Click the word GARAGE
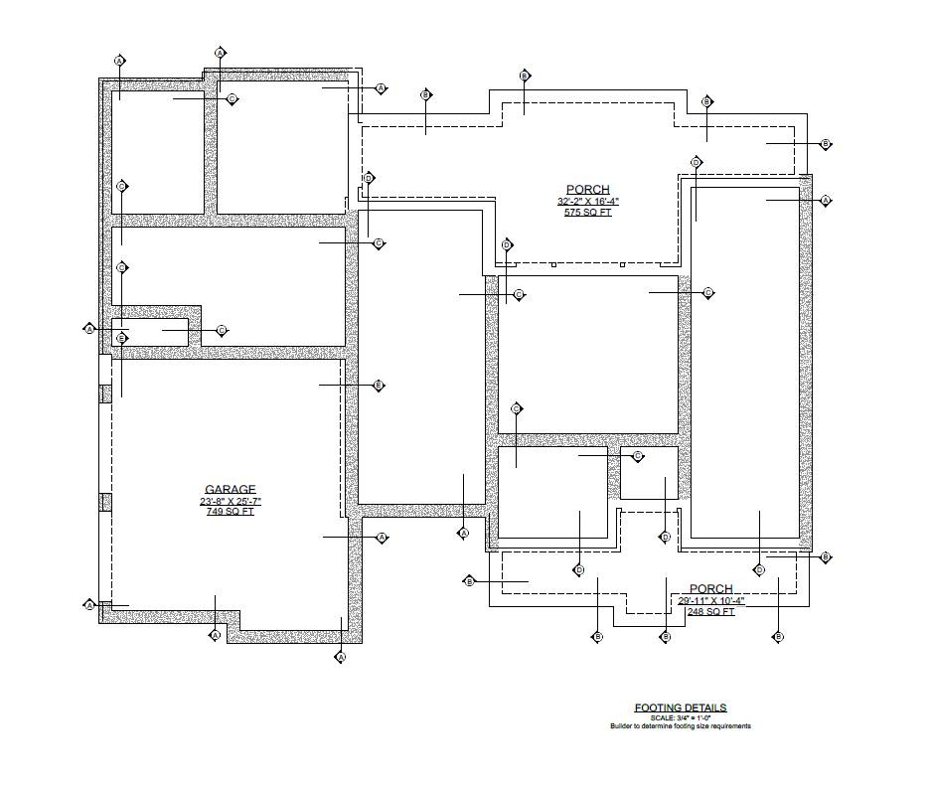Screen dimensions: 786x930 230,489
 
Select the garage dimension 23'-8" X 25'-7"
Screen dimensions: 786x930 230,501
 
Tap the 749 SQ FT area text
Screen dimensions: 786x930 230,512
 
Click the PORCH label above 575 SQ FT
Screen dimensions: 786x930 587,190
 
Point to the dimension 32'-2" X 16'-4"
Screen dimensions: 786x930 587,202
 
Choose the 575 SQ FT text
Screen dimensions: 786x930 587,213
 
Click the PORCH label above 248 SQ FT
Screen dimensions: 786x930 710,589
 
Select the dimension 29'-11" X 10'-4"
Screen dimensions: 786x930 710,601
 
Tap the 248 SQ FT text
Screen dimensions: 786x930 710,612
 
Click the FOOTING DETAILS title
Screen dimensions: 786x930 681,707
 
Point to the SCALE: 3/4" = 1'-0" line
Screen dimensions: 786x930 681,717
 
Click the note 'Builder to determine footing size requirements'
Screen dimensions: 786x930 681,726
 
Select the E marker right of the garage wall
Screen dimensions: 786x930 379,385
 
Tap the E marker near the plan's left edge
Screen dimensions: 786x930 121,339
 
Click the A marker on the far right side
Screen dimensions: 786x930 826,201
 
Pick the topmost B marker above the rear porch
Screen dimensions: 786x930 526,76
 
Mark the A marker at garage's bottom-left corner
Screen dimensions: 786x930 89,604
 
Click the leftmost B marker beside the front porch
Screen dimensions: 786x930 470,580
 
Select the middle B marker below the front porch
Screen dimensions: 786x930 666,636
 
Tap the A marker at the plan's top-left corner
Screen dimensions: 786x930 120,61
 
